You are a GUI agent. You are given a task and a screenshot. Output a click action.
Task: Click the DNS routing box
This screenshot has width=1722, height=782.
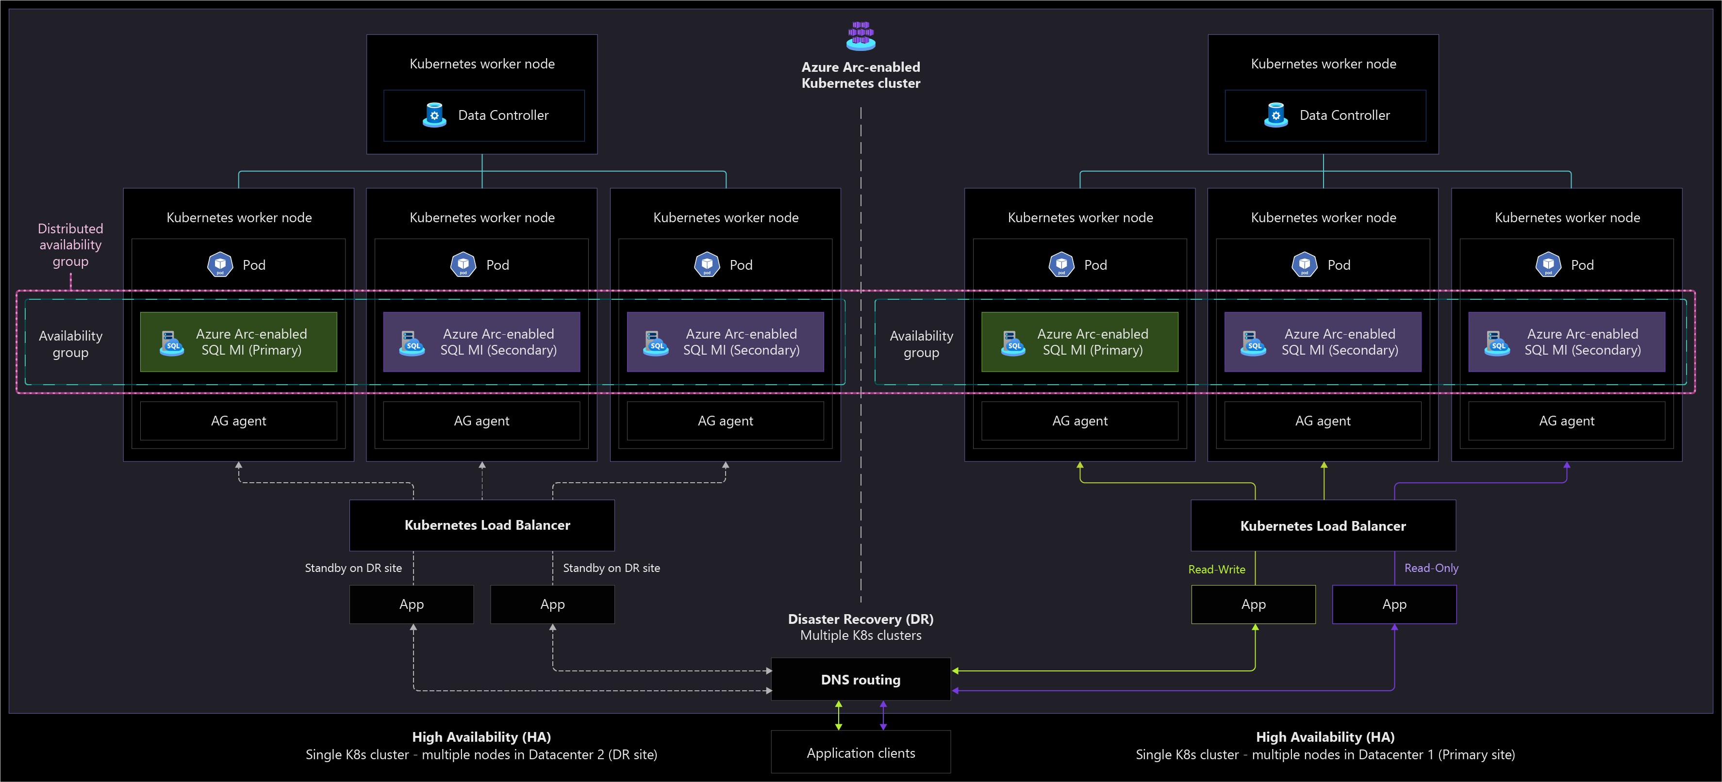[861, 679]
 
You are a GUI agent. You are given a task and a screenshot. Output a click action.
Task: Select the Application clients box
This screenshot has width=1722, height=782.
[861, 752]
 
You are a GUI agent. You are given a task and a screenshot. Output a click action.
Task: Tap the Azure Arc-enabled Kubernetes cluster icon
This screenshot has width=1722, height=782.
[861, 35]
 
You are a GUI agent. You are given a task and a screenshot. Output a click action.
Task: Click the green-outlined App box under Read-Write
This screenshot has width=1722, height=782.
[1253, 604]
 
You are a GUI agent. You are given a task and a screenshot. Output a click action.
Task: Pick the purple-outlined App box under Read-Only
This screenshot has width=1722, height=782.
[1394, 604]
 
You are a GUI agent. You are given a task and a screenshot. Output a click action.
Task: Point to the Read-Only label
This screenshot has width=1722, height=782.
[1431, 568]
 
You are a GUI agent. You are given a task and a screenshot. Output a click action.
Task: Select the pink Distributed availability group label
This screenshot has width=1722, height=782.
[70, 244]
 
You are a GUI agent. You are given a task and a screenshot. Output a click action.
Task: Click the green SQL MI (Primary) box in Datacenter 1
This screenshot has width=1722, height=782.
[1079, 342]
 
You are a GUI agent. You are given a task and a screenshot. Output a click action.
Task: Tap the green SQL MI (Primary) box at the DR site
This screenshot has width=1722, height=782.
[239, 342]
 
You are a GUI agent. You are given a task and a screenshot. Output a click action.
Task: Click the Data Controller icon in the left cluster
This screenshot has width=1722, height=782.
[434, 115]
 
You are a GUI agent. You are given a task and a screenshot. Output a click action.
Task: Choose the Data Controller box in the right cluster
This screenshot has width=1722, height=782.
[1325, 115]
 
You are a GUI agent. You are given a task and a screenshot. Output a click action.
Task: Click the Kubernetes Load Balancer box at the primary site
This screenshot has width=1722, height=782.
[1323, 525]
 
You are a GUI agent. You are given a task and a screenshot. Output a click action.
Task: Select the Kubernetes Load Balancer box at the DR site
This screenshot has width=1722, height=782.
[482, 525]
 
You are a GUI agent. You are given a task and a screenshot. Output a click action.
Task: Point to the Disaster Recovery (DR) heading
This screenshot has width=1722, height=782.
[861, 619]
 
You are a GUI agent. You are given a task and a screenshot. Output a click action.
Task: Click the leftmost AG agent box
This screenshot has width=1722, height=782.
[239, 421]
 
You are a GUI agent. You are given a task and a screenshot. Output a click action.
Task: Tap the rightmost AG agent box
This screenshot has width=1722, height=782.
[1566, 421]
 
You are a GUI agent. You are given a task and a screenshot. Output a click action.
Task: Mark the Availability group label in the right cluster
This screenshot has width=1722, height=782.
[921, 343]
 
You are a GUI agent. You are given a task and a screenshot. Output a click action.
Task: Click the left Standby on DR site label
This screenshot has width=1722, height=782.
[353, 568]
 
